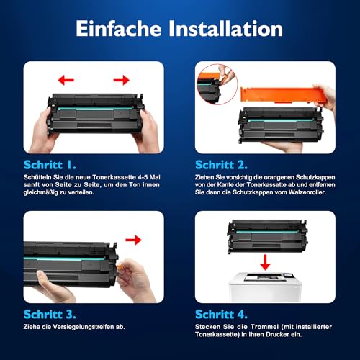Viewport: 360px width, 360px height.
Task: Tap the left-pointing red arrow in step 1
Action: (67, 78)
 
